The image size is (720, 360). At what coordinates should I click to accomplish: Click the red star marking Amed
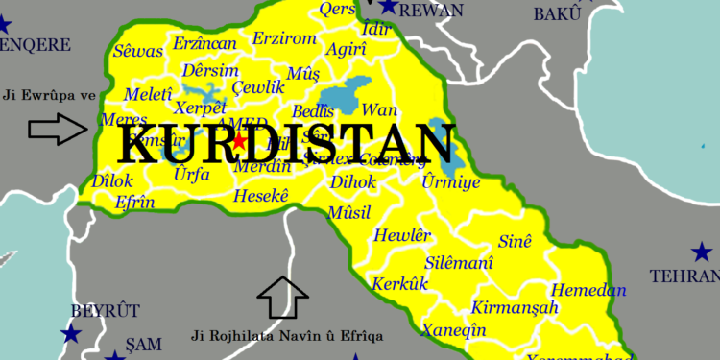tap(238, 140)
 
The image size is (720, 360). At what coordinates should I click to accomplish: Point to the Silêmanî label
tap(459, 262)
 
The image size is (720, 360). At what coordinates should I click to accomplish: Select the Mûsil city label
tap(348, 211)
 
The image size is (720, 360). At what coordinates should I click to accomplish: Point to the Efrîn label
tap(134, 204)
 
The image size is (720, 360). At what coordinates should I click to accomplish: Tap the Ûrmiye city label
tap(451, 181)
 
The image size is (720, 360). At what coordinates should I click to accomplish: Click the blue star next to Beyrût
tap(70, 334)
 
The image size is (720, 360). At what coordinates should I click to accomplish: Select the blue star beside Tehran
tap(700, 252)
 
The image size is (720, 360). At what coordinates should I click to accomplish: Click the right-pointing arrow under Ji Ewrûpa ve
tap(58, 129)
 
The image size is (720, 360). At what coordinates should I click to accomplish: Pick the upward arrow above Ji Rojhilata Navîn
tap(283, 297)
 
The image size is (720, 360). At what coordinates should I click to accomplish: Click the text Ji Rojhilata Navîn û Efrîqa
tap(287, 336)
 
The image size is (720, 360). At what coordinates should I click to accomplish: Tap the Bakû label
tap(560, 12)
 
